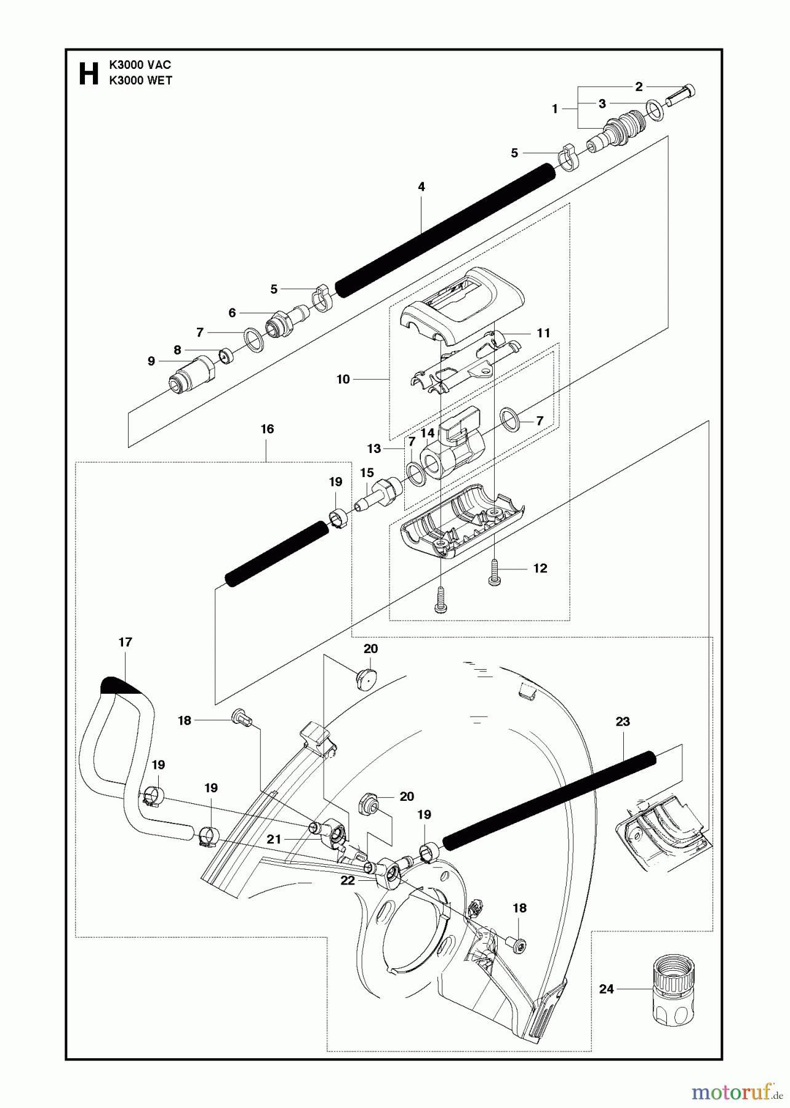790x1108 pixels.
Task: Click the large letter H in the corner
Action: tap(89, 74)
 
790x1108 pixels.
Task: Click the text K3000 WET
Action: tap(140, 81)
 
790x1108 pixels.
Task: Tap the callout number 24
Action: tap(607, 989)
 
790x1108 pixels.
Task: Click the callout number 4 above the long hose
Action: tap(421, 187)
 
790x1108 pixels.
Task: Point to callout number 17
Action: tap(125, 642)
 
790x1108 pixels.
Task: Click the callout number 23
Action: tap(623, 721)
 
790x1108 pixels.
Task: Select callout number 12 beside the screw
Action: tap(540, 568)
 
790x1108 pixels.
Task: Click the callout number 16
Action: tap(267, 429)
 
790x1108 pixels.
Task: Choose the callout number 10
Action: tap(343, 379)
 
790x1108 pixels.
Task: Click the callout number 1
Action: tap(555, 109)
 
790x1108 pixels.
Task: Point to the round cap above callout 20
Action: tap(366, 678)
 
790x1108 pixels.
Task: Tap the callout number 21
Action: tap(274, 839)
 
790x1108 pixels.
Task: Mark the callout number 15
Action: tap(367, 473)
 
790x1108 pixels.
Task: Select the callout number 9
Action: tap(151, 361)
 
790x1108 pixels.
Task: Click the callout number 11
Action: tap(543, 333)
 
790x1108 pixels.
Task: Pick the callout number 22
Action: tap(348, 881)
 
